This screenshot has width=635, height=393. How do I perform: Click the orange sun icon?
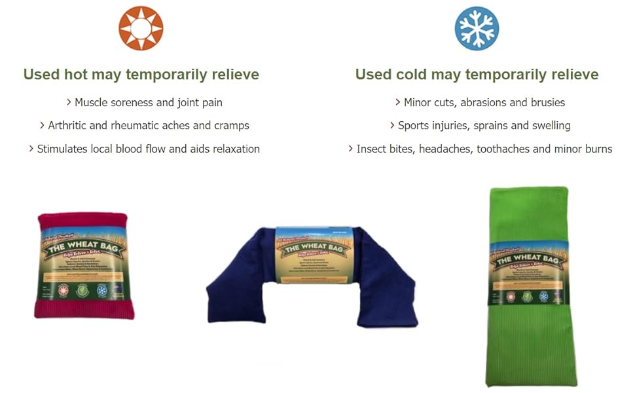[141, 28]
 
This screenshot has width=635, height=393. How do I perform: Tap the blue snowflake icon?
[477, 28]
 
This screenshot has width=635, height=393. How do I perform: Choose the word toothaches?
[503, 149]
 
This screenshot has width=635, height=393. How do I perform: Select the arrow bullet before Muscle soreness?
[69, 102]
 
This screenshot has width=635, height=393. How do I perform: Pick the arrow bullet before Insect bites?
[351, 149]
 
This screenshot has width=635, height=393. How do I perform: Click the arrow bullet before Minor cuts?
[398, 102]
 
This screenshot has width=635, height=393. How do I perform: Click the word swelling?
[548, 125]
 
